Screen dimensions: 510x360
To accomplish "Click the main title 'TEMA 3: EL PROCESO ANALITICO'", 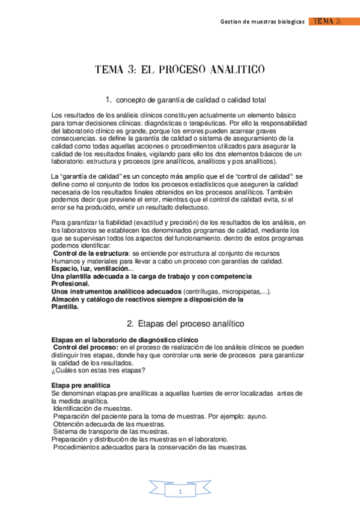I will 180,70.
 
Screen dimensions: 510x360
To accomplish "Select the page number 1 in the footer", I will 180,492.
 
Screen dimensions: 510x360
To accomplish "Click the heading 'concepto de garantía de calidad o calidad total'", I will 191,100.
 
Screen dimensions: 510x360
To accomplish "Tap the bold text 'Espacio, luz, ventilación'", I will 89,268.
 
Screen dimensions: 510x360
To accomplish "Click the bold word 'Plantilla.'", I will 66,306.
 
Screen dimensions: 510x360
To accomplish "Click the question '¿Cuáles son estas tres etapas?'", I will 99,370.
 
